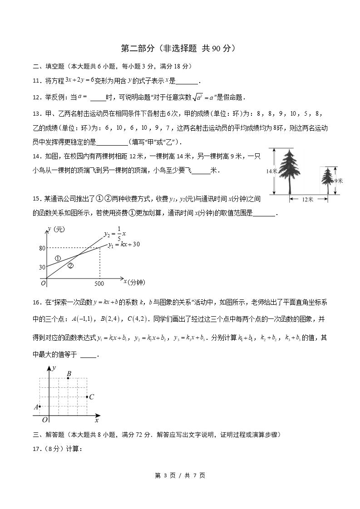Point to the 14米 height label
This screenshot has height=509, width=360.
point(271,171)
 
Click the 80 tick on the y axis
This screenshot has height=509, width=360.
point(42,248)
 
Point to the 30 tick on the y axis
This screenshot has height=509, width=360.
point(42,267)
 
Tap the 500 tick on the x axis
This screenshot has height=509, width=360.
point(99,284)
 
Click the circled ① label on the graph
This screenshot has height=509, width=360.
point(58,258)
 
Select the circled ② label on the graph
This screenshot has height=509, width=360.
point(70,266)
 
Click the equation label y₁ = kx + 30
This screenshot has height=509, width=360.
point(123,245)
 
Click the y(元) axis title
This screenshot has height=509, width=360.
point(56,230)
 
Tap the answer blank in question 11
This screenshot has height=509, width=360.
point(187,82)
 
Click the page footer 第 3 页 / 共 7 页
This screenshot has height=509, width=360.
point(180,475)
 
